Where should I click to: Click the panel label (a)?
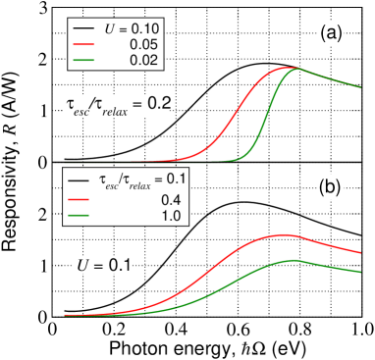pyautogui.click(x=330, y=34)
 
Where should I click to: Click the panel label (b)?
pyautogui.click(x=329, y=186)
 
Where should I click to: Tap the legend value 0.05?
pyautogui.click(x=141, y=44)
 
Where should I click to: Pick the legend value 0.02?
pyautogui.click(x=141, y=60)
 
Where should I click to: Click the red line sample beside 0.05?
pyautogui.click(x=81, y=44)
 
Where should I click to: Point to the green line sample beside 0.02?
pyautogui.click(x=81, y=60)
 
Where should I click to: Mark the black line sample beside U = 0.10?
pyautogui.click(x=81, y=29)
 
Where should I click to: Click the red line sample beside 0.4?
pyautogui.click(x=79, y=197)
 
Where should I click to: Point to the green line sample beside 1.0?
pyautogui.click(x=79, y=214)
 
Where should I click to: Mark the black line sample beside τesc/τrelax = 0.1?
pyautogui.click(x=79, y=180)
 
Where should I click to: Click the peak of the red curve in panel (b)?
pyautogui.click(x=284, y=234)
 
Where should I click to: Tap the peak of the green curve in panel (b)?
pyautogui.click(x=295, y=260)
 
